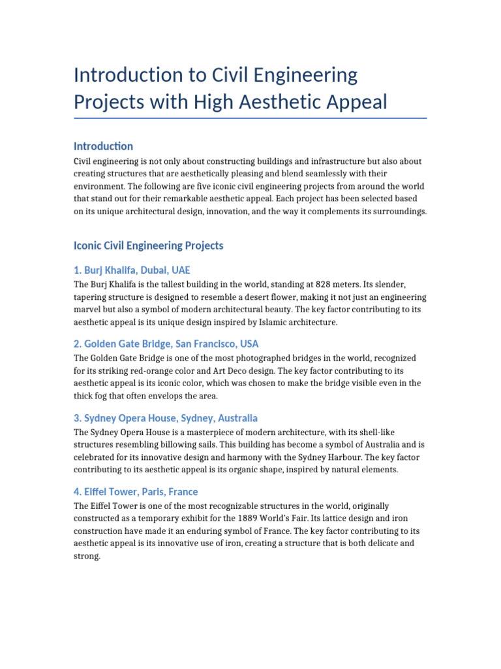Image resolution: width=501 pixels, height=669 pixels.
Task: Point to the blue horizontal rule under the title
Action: [250, 118]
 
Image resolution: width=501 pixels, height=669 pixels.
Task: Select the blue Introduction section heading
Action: [103, 146]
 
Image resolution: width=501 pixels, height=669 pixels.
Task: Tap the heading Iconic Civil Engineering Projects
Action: [149, 246]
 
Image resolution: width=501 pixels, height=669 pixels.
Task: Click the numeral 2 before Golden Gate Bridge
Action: [78, 344]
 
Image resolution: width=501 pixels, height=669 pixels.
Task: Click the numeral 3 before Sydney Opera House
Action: [78, 417]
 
